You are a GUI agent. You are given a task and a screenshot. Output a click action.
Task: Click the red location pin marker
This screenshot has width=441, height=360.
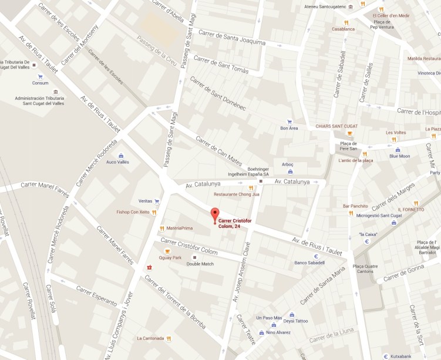coord(215,214)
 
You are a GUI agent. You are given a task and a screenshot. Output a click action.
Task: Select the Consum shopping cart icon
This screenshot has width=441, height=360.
coord(40,76)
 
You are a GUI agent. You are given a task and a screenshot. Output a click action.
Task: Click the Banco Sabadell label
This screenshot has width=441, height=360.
coord(309,263)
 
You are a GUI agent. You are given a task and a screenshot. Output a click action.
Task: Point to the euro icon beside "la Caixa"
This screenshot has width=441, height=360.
coord(366,241)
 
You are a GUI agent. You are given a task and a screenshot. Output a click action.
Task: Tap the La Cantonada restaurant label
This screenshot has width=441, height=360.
coord(149,338)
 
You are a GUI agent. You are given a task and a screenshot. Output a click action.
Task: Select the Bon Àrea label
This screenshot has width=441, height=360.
coord(289,128)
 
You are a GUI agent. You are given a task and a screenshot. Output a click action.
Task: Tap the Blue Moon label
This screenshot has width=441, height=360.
coord(399,156)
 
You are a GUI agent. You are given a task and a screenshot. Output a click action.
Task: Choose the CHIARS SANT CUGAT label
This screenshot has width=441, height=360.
coord(336,126)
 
